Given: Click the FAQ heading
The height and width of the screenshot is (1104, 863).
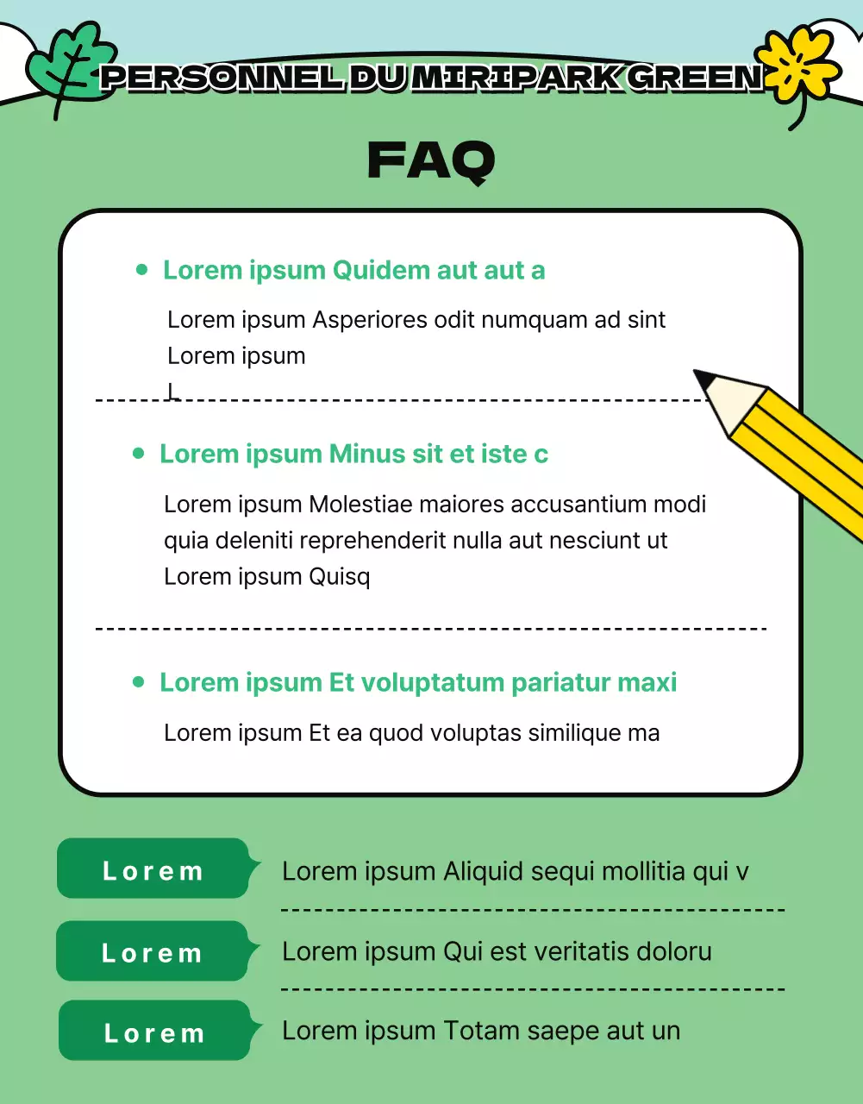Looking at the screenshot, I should coord(431,160).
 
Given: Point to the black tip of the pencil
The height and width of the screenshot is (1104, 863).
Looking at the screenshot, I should coord(704,379).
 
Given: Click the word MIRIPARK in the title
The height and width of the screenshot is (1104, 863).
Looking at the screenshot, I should coord(516,78).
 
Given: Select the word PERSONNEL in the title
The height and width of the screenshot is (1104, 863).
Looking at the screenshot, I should coord(222,78).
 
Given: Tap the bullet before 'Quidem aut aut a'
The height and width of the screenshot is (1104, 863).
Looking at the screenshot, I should coord(142,270).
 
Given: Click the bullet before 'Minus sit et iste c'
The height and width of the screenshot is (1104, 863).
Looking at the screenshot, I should coord(139,454).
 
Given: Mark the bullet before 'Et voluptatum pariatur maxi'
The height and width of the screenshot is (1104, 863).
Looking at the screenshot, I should coord(139,682).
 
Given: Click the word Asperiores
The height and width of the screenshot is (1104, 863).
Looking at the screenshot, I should coord(369,320).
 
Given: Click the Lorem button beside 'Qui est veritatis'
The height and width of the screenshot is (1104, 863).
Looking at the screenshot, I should coord(153,952).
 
